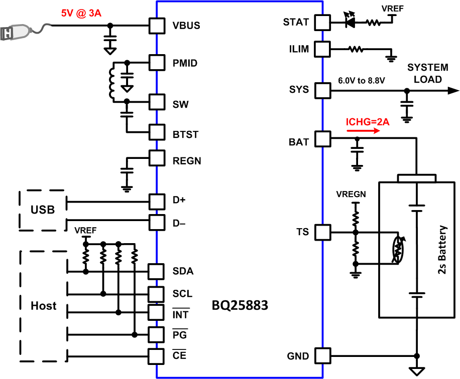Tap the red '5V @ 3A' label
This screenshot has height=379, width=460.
click(81, 14)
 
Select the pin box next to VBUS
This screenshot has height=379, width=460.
click(157, 25)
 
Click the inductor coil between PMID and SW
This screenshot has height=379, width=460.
click(111, 83)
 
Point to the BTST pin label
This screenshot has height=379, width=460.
click(185, 134)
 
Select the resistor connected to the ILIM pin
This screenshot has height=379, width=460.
click(356, 49)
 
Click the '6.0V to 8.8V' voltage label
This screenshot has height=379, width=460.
click(361, 80)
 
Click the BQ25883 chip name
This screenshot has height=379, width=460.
click(240, 305)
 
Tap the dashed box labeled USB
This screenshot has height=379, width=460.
click(43, 209)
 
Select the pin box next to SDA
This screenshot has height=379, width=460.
click(157, 271)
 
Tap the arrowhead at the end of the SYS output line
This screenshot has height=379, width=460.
click(453, 91)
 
